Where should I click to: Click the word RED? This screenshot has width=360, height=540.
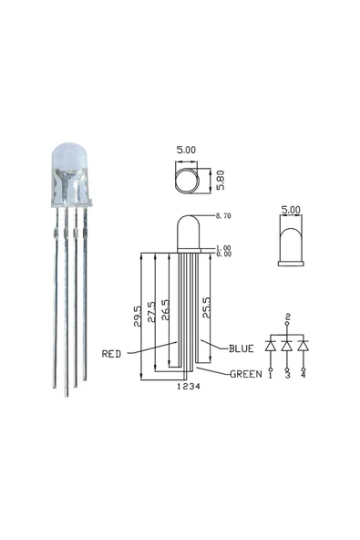(x=112, y=353)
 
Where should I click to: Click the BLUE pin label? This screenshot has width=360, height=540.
(x=242, y=348)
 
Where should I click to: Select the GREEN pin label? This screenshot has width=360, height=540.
(x=245, y=373)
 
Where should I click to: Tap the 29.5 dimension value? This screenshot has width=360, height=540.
(x=138, y=315)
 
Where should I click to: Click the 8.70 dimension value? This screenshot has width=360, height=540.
(x=221, y=216)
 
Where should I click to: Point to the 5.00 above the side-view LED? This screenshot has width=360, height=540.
(x=291, y=209)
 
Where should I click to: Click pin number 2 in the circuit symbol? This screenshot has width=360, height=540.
(x=287, y=316)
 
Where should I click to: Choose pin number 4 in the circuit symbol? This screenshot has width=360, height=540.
(x=303, y=374)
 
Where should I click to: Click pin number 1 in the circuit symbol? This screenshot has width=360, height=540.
(x=271, y=374)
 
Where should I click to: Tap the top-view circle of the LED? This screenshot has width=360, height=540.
(x=186, y=178)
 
